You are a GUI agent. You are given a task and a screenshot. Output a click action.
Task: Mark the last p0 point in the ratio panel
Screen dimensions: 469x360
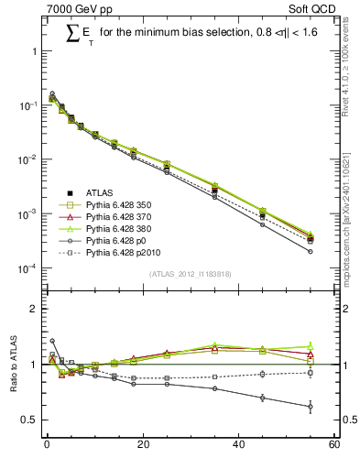[x=311, y=406]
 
